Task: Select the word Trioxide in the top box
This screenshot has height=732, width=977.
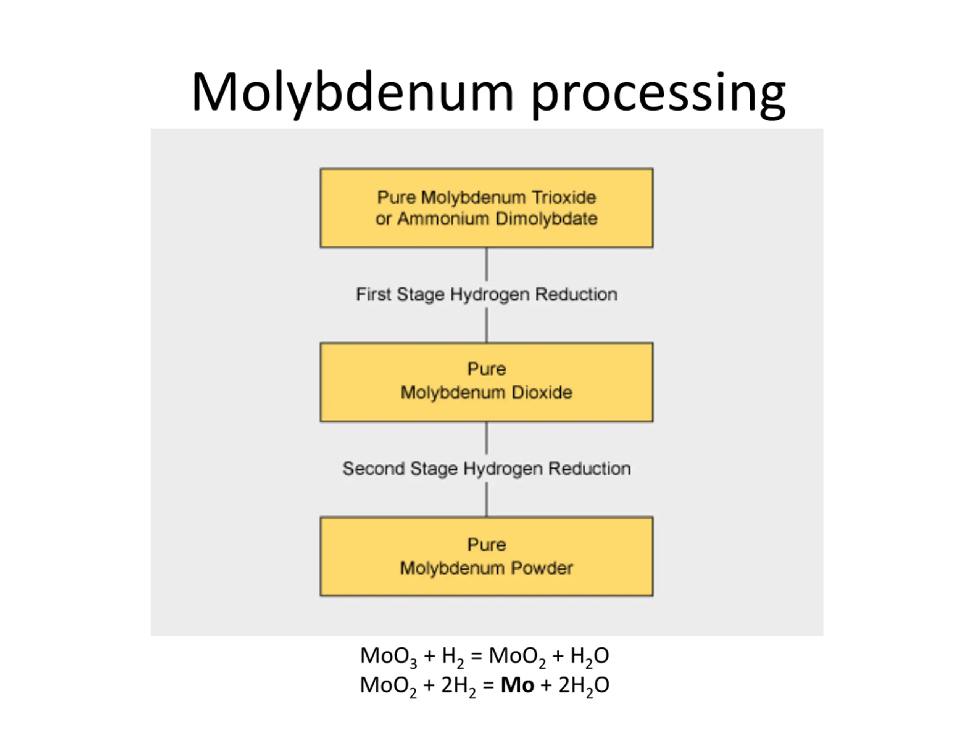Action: (x=564, y=197)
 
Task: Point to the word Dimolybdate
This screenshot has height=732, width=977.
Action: (x=547, y=219)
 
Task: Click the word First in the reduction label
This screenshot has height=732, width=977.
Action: (x=374, y=294)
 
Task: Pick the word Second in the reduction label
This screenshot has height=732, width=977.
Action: (x=374, y=469)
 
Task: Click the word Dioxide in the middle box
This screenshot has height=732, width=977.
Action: (x=542, y=392)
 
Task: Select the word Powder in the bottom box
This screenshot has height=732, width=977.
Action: (x=542, y=568)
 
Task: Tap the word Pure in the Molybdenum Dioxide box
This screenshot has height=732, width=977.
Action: (x=487, y=369)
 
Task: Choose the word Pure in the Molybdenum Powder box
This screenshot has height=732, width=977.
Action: (x=487, y=544)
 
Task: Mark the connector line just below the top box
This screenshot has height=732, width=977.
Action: (x=487, y=264)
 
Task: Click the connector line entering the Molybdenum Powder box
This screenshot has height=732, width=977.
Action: (x=487, y=499)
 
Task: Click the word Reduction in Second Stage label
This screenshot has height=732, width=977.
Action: (x=589, y=469)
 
